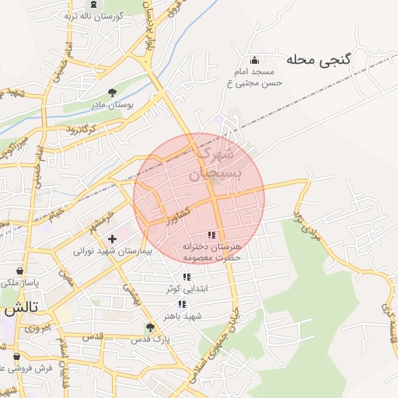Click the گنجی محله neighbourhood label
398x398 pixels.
click(x=319, y=59)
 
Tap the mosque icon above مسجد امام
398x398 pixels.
click(x=254, y=61)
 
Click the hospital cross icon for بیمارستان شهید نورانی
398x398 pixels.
click(x=113, y=239)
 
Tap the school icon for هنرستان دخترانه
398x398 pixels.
click(x=211, y=235)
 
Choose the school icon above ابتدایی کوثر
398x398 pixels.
click(x=186, y=277)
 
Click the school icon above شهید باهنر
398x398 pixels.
click(x=182, y=304)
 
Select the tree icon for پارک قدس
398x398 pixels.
click(x=149, y=327)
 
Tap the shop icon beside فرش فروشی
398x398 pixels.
click(x=6, y=367)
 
